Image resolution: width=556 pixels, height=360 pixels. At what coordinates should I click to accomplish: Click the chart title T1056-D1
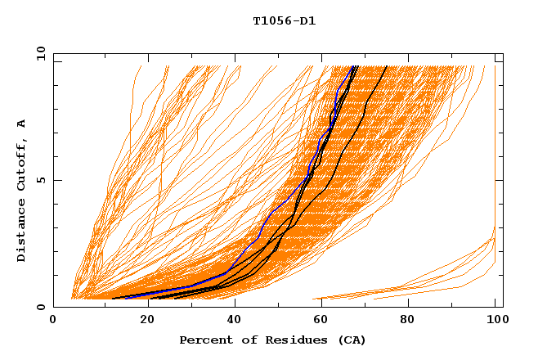[284, 21]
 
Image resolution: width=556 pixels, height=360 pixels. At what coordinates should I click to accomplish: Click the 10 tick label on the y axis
[39, 53]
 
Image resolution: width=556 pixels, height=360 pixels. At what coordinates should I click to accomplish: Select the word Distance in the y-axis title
[22, 231]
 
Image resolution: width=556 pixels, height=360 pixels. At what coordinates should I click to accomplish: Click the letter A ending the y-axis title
[22, 124]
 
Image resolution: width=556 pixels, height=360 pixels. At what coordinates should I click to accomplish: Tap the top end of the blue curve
[352, 67]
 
